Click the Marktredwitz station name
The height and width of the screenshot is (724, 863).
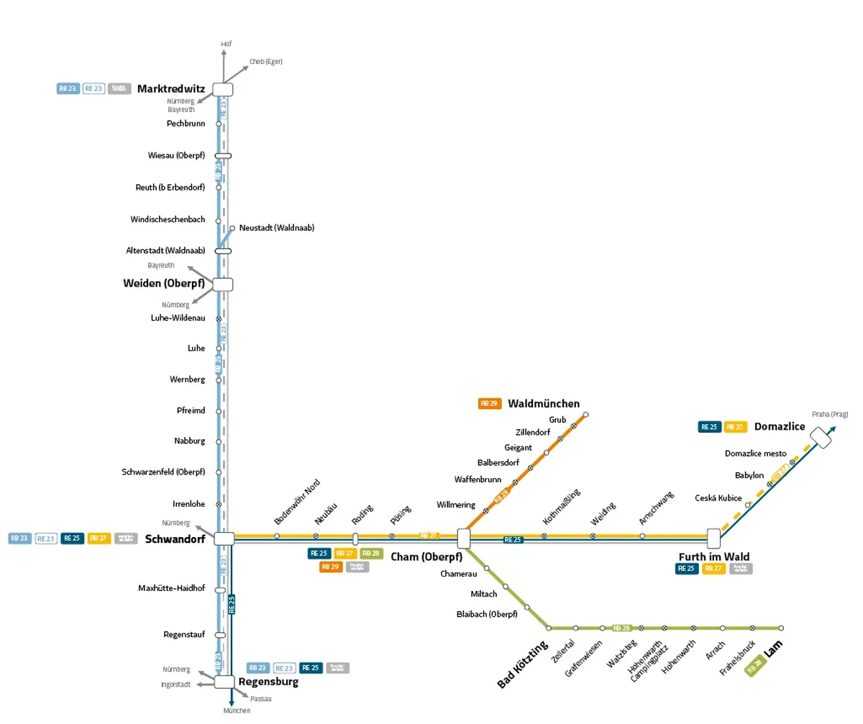[x=171, y=89]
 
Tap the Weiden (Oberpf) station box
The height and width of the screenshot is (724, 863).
[x=223, y=284]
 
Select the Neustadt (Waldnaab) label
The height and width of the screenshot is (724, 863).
[x=277, y=228]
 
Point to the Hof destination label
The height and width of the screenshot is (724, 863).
[x=227, y=45]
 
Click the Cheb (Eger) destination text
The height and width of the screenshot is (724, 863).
[x=266, y=62]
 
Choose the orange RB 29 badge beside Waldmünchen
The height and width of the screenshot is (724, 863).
[x=490, y=404]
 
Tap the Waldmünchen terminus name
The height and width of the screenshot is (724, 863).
[x=544, y=404]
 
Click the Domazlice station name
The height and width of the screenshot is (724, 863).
[x=780, y=427]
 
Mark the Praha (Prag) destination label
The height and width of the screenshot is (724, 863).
[x=830, y=414]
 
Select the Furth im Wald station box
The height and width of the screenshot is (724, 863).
[x=713, y=538]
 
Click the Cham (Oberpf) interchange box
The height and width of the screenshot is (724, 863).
[x=464, y=539]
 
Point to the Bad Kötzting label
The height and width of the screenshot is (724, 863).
[x=523, y=664]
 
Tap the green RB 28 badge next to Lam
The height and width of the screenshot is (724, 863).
[x=754, y=666]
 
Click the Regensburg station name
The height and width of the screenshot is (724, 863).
[x=268, y=682]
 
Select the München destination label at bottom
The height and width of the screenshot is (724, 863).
[x=237, y=710]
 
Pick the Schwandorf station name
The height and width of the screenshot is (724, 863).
[x=175, y=539]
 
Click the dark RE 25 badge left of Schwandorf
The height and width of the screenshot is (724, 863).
[x=73, y=539]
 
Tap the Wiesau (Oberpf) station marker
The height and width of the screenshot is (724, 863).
[x=223, y=155]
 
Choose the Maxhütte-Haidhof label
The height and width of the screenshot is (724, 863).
[x=171, y=588]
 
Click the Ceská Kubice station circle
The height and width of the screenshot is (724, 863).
[x=748, y=505]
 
